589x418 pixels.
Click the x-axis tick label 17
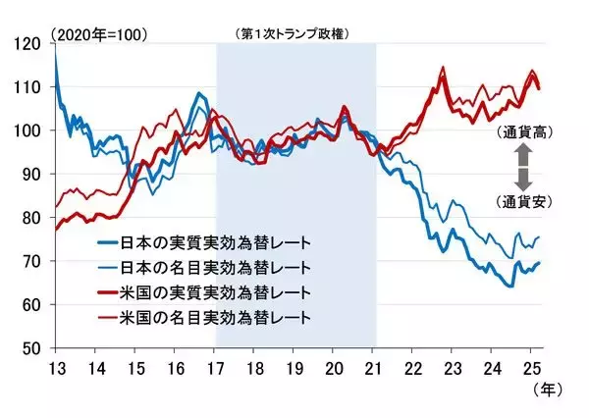(215, 370)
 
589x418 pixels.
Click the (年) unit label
(547, 391)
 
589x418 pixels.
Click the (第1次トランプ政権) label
(294, 33)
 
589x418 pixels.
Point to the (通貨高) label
(522, 131)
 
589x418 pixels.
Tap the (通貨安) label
(522, 202)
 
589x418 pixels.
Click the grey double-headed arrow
(522, 166)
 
